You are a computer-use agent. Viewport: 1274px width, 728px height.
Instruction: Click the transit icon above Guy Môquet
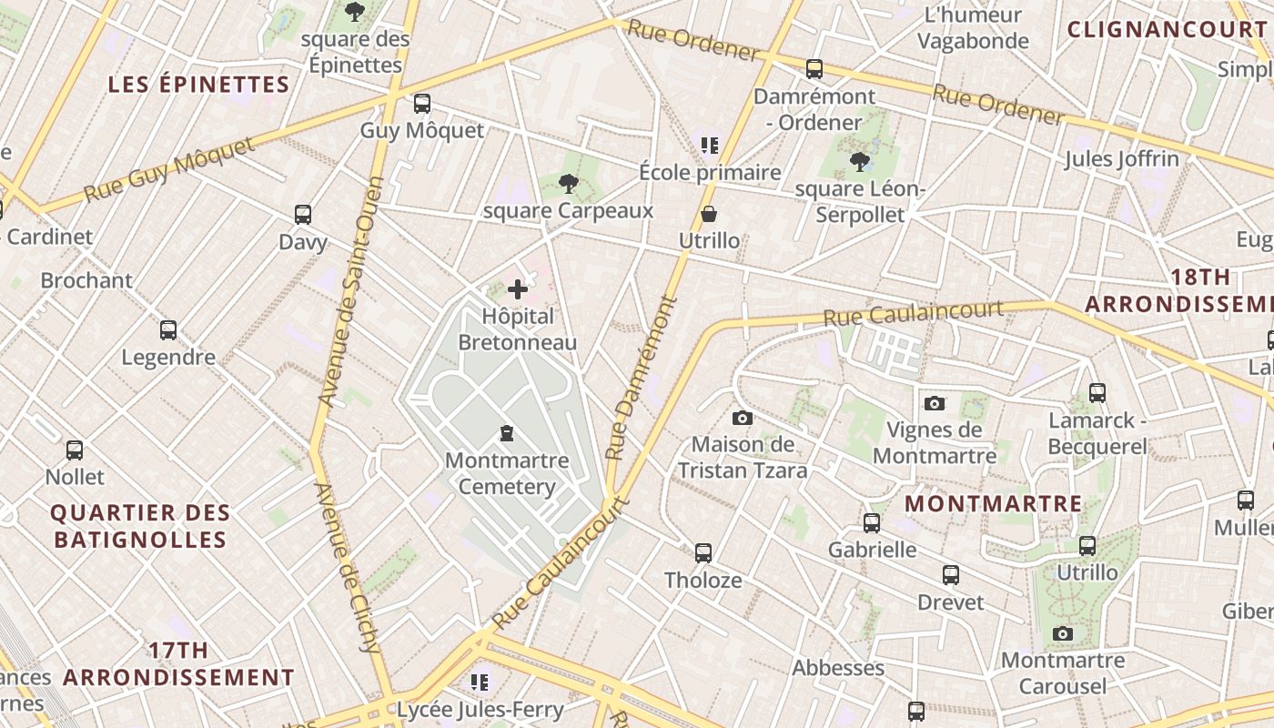coord(421,103)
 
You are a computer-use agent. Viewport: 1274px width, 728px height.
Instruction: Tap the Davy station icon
coord(303,215)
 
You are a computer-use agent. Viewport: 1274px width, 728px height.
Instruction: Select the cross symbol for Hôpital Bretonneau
coord(518,289)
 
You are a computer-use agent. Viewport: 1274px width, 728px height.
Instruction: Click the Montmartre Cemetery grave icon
coord(507,433)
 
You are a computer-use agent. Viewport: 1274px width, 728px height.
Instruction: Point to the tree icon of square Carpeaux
coord(569,184)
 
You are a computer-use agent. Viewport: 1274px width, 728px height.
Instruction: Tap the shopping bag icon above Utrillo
coord(709,214)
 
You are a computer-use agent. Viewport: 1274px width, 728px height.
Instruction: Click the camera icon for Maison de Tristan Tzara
coord(743,418)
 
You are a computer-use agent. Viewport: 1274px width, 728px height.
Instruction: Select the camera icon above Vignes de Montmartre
coord(934,403)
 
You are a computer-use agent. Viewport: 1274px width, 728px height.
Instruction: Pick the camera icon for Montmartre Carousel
coord(1062,633)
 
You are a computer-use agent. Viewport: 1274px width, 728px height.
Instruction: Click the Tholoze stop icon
coord(703,552)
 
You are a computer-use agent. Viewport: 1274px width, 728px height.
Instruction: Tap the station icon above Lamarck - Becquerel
coord(1097,393)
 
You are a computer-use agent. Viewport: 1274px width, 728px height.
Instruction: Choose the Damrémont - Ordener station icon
coord(814,68)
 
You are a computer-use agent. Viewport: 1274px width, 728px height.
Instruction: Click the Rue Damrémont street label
coord(642,377)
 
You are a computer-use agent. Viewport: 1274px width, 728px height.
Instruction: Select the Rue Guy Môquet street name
coord(169,170)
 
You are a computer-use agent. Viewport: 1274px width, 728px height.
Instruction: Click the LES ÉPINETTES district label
coord(198,85)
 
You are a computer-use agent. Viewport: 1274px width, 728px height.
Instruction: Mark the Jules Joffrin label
coord(1121,158)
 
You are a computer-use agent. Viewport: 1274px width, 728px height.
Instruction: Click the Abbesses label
coord(838,667)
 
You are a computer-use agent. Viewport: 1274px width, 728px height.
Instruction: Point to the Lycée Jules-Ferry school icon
coord(480,682)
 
